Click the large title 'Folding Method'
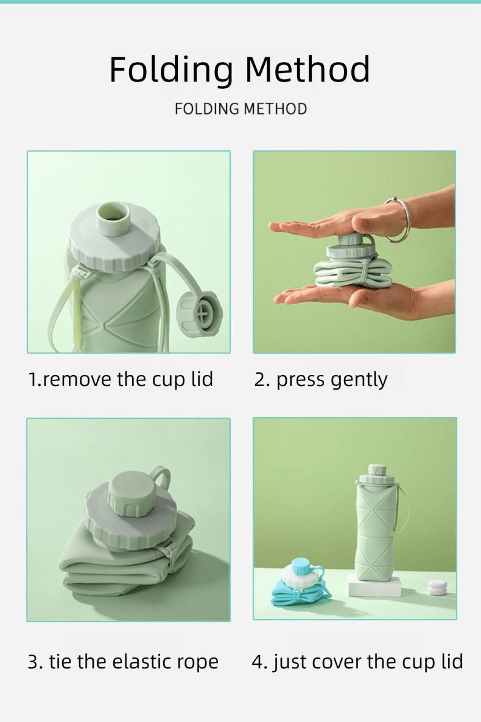point(240,69)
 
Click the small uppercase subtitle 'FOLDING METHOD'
point(240,109)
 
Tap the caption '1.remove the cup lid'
point(121,379)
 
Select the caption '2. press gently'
point(320,379)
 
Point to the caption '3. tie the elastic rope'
point(122,661)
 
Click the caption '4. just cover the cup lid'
point(357,661)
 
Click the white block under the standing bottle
point(374,585)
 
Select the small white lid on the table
point(438,587)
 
